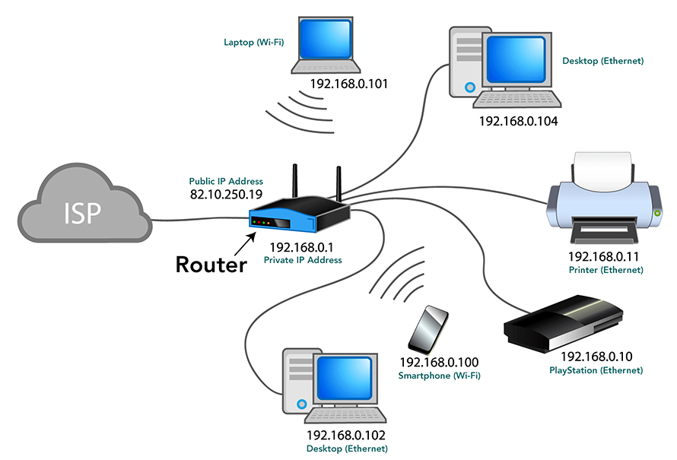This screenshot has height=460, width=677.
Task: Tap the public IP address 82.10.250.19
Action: [x=226, y=195]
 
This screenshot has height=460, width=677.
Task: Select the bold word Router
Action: [x=211, y=264]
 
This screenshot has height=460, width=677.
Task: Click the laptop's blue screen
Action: [x=325, y=43]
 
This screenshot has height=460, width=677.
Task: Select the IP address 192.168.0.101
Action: [x=348, y=84]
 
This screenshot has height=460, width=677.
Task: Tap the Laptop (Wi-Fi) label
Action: [x=253, y=43]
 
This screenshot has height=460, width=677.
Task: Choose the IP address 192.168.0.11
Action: [x=605, y=257]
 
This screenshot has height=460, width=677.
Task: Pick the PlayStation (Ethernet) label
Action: [x=596, y=370]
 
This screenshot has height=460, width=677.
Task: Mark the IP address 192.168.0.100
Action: [x=439, y=363]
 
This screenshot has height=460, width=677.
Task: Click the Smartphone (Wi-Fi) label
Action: [x=439, y=376]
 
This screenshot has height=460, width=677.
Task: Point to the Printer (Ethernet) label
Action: [x=605, y=270]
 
